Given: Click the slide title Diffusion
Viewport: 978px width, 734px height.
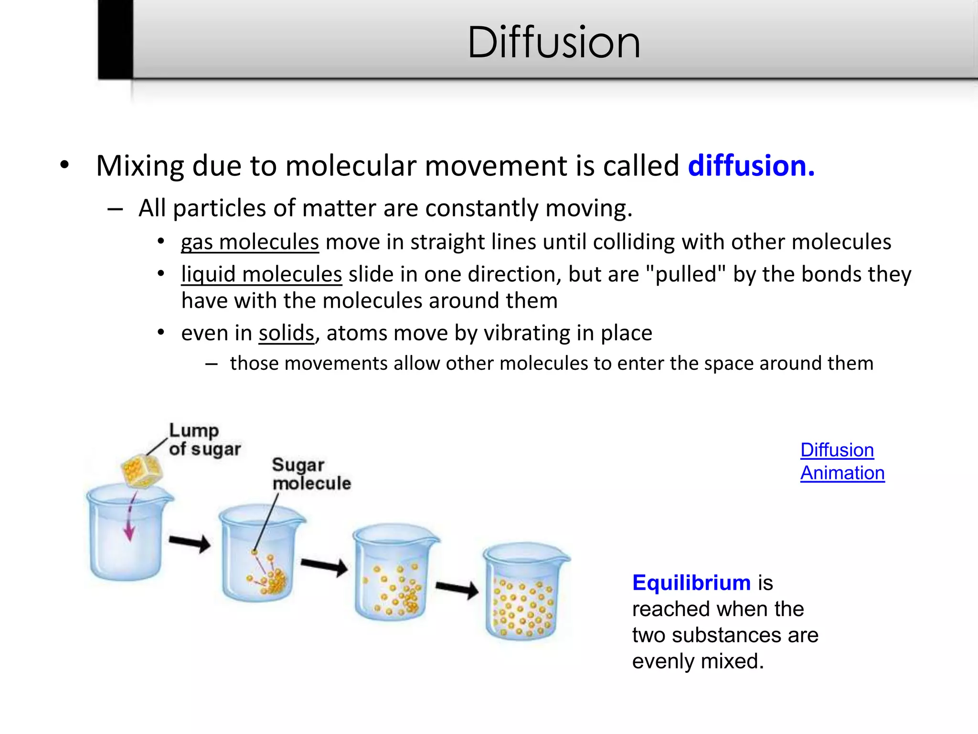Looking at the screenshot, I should (x=553, y=43).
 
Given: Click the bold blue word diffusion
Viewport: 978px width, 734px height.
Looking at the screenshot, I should (x=751, y=166).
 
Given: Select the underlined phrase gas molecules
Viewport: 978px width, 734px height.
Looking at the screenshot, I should (x=250, y=242).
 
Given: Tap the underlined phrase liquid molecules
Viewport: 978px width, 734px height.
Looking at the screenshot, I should (x=261, y=274).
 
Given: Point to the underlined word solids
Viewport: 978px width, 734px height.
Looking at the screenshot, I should (x=286, y=333).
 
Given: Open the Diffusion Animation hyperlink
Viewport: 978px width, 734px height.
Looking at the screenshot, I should (x=842, y=462).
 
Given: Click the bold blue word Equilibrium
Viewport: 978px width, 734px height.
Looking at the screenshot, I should (x=691, y=583).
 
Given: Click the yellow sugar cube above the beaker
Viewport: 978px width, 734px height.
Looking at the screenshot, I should (x=141, y=471).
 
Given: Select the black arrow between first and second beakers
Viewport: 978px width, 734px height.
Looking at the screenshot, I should (x=190, y=543).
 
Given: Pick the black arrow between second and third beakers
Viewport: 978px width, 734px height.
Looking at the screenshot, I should (x=324, y=566).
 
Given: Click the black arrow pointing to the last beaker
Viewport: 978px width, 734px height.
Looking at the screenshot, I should (x=457, y=589).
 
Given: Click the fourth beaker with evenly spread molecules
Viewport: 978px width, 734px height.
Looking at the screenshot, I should (x=524, y=597).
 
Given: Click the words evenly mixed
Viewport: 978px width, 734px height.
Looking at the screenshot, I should (x=698, y=661).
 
